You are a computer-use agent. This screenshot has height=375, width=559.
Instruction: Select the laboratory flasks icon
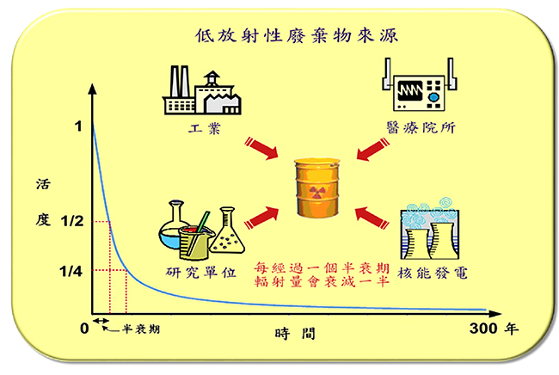[196, 231]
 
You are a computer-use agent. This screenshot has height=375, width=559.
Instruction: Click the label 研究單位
[199, 274]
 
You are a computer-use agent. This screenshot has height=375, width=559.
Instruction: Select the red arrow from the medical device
[372, 147]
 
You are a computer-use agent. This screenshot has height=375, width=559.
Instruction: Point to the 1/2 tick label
[71, 221]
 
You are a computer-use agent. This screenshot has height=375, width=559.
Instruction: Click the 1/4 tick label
[71, 270]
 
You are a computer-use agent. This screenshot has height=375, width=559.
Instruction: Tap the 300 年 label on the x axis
[495, 329]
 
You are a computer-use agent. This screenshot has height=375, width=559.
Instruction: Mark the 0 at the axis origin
[84, 329]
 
